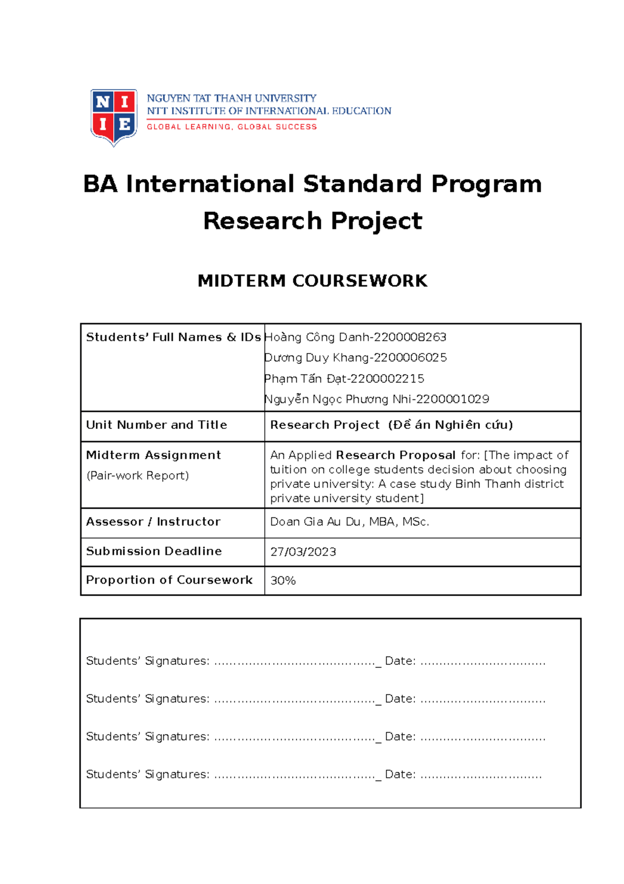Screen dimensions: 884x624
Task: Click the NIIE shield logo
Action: pos(114,117)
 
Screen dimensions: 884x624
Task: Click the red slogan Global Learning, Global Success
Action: pos(231,127)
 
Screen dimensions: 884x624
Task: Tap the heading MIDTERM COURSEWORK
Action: pos(313,281)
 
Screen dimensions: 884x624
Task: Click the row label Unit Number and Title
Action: pos(157,425)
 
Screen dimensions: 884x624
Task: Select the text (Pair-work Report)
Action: pos(137,475)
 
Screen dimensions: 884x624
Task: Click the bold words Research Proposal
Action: pos(396,455)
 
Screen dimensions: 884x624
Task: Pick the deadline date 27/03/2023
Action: pos(303,552)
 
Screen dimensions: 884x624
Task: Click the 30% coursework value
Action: pos(283,580)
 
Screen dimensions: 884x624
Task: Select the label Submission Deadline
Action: pos(154,551)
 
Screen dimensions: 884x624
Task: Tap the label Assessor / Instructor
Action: pos(153,522)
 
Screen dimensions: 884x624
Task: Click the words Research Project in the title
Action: pos(313,221)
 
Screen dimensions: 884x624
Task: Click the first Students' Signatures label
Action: pos(148,661)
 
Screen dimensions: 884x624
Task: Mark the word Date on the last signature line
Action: pos(400,775)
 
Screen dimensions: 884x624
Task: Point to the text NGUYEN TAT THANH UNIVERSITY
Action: pos(231,98)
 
